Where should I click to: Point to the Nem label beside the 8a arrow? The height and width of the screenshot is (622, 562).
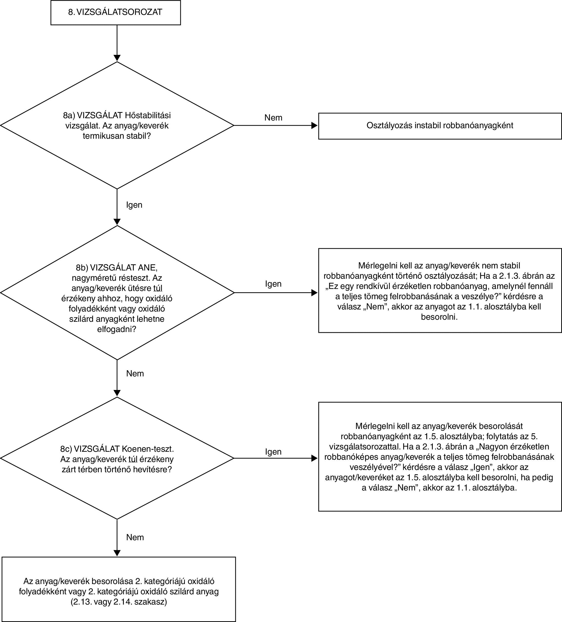273,117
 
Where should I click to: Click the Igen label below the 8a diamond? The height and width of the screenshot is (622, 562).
134,205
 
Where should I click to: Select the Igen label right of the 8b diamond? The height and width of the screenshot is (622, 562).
273,284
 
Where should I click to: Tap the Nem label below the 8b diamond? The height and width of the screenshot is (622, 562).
135,373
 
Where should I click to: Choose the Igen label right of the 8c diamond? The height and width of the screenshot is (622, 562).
273,452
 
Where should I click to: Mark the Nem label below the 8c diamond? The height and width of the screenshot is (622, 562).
135,537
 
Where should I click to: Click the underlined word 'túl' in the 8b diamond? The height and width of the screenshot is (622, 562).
158,288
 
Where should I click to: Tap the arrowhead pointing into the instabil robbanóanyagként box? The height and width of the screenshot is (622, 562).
315,126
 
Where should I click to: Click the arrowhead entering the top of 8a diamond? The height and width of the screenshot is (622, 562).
117,58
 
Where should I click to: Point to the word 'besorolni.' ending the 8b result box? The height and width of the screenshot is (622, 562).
439,317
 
